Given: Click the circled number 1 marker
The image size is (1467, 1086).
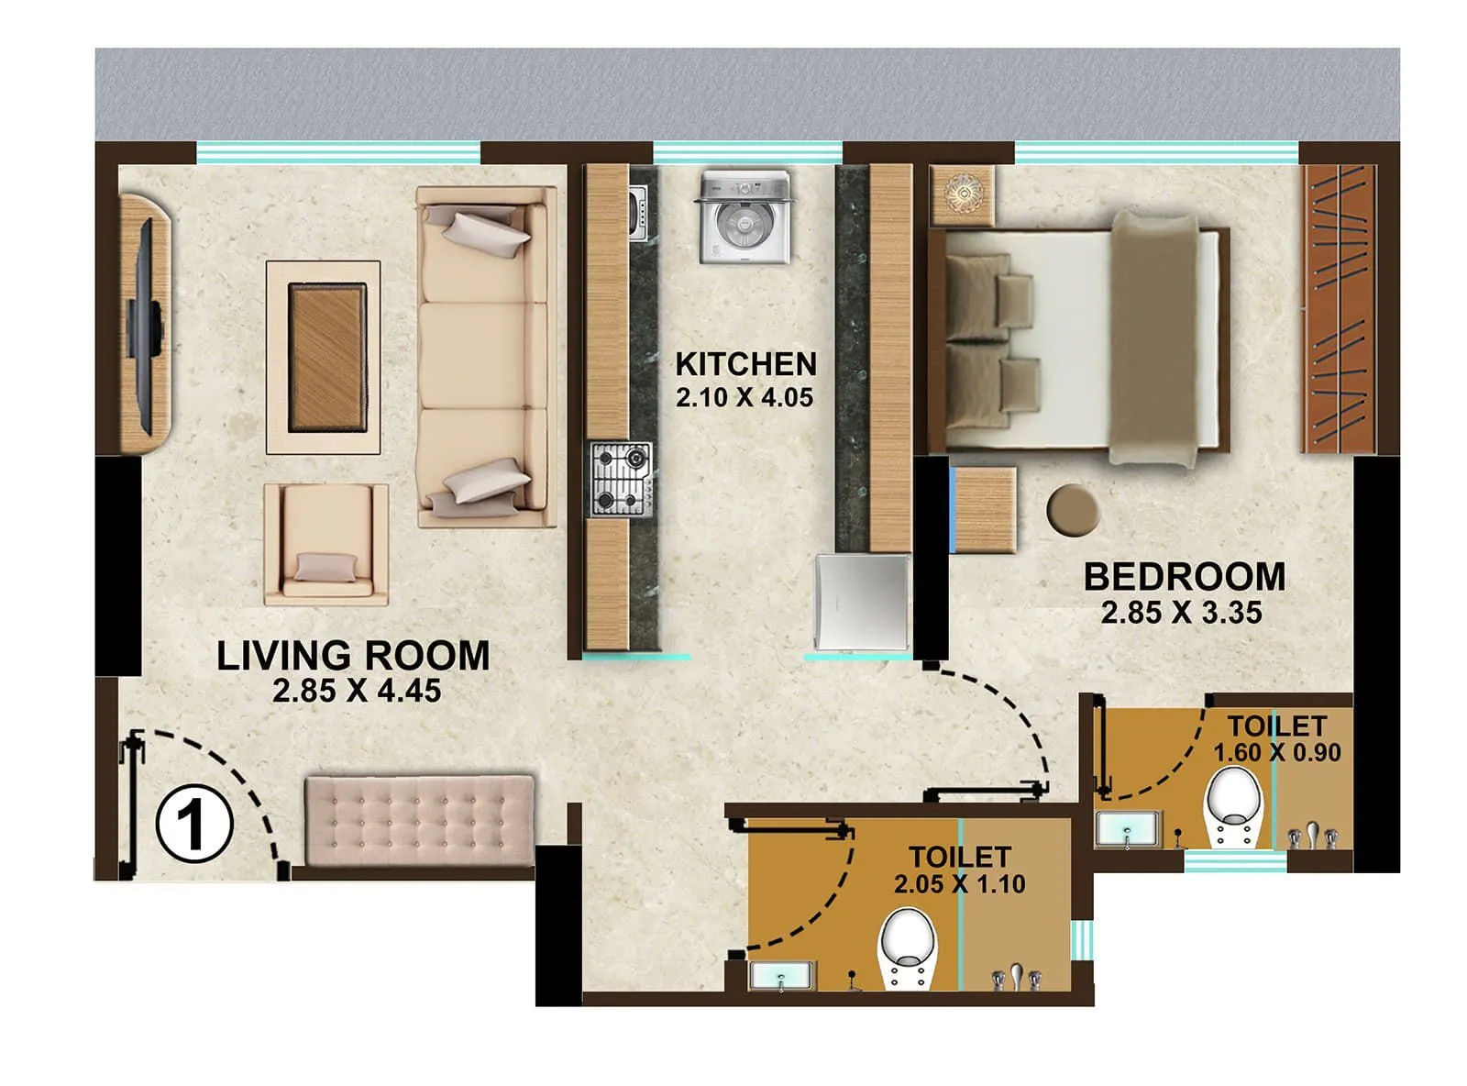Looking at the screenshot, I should coord(193,823).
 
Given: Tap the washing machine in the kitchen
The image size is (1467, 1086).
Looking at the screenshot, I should coord(743,217).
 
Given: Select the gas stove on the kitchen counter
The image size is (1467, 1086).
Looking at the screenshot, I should coord(621,479).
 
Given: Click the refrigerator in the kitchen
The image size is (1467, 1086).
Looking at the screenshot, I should coord(862,601).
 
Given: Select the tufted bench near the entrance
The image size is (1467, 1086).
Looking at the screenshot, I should coord(419,821).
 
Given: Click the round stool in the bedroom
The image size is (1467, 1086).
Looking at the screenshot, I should coord(1073,510).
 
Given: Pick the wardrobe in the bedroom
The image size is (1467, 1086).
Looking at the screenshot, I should coord(1340,308).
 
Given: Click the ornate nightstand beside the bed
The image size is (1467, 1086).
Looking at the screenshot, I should coord(963,195).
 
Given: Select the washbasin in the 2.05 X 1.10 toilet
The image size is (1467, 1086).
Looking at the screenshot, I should coord(781,975).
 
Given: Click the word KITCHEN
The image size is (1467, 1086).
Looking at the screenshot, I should coord(745,364).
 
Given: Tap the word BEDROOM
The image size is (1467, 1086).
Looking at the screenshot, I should coord(1184,577).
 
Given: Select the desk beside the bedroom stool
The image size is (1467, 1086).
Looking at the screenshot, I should coord(984,509).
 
